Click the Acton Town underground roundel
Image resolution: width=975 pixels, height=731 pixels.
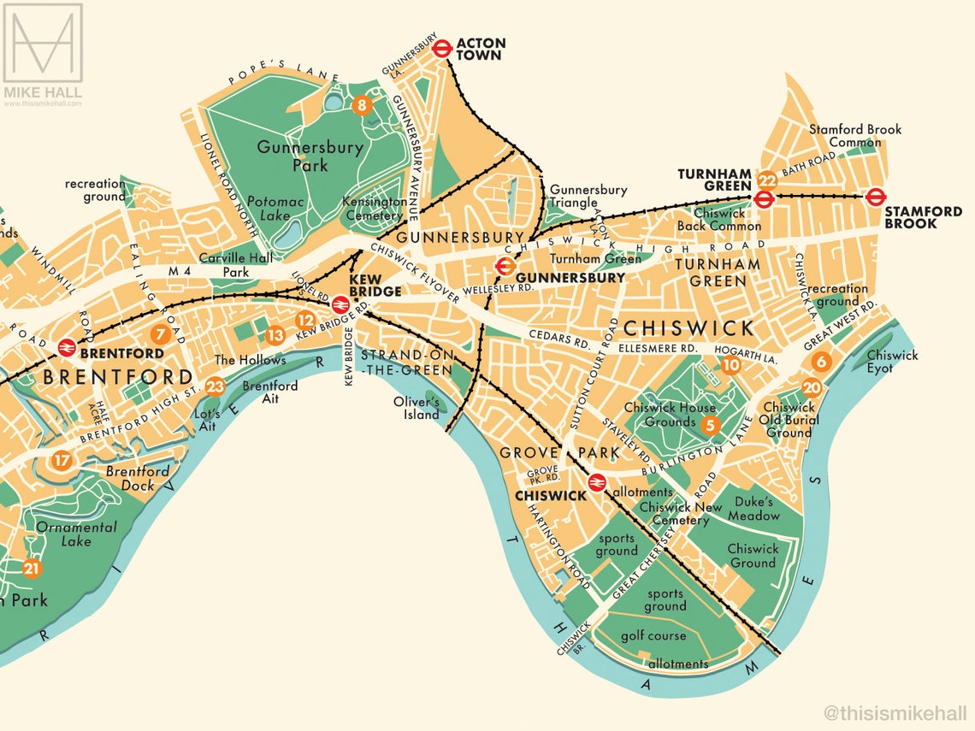pos(442,49)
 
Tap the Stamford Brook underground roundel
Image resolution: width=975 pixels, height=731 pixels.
pos(875,197)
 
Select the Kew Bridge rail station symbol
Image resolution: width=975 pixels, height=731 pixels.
pos(340,304)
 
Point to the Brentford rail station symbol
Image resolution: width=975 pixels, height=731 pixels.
pos(66,347)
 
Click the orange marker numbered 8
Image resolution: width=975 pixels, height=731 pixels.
pos(362,106)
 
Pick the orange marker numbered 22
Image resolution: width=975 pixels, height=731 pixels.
pos(766,180)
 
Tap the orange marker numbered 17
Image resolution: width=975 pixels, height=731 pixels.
pos(61,461)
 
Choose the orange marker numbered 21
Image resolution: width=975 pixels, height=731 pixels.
pos(32,569)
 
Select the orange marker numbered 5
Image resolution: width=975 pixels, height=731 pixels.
pos(708,424)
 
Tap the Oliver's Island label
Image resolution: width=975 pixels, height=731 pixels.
pos(417,408)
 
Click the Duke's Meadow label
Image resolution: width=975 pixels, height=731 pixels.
pos(753,509)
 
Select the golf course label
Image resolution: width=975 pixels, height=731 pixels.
pos(655,635)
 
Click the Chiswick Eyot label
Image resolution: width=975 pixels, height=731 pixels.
pos(891,361)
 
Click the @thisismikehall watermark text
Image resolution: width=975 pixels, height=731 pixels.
pos(895,711)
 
